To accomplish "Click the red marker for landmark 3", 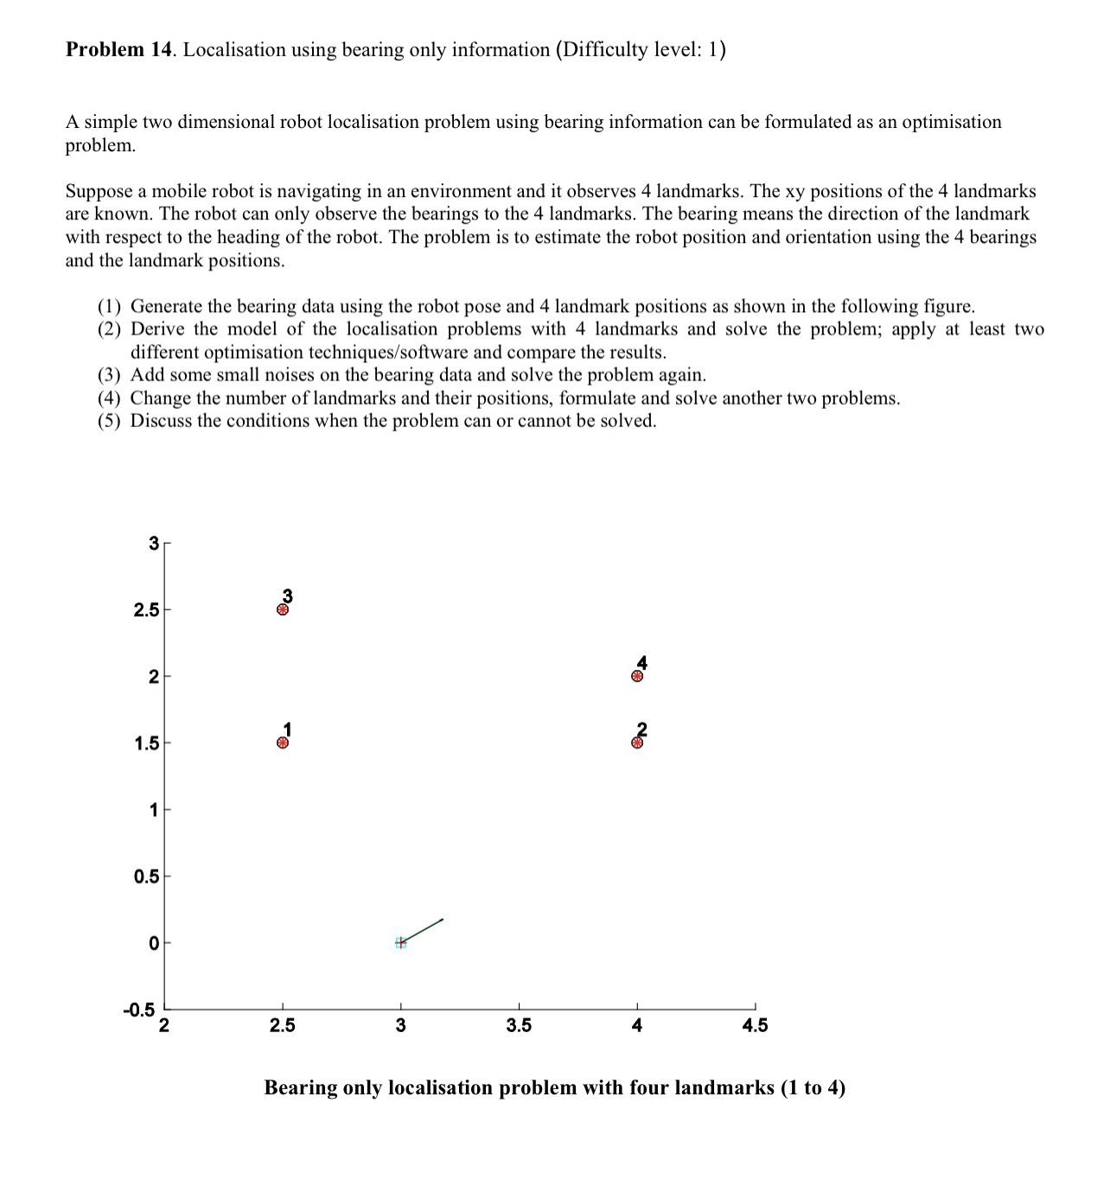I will (x=282, y=609).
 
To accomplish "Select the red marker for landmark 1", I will (x=282, y=743).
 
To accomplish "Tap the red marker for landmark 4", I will (x=637, y=676).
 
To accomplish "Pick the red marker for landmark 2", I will (x=637, y=743).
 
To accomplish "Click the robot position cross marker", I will (x=400, y=943).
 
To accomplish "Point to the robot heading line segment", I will (x=423, y=930).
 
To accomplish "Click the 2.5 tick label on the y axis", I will (x=146, y=610).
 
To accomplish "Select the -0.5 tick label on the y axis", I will (x=139, y=1010).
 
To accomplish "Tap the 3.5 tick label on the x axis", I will (x=519, y=1026).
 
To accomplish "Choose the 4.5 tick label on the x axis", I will (x=755, y=1026).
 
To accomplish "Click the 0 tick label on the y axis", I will (x=153, y=943).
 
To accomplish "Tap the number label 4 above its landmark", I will (x=641, y=663).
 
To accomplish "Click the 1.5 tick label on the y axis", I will (x=146, y=743).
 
